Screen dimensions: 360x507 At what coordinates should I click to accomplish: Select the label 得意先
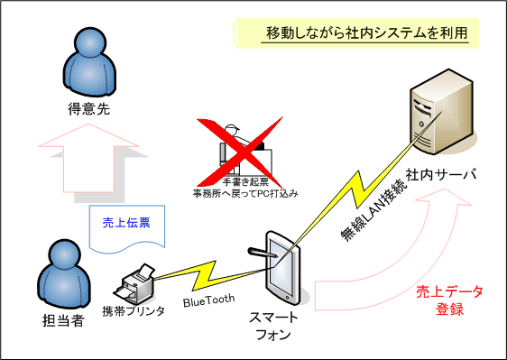[88, 110]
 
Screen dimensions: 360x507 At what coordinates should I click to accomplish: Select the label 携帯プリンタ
[134, 311]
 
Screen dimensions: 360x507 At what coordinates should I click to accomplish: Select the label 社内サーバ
[441, 173]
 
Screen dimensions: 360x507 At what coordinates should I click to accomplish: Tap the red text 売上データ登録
[450, 300]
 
